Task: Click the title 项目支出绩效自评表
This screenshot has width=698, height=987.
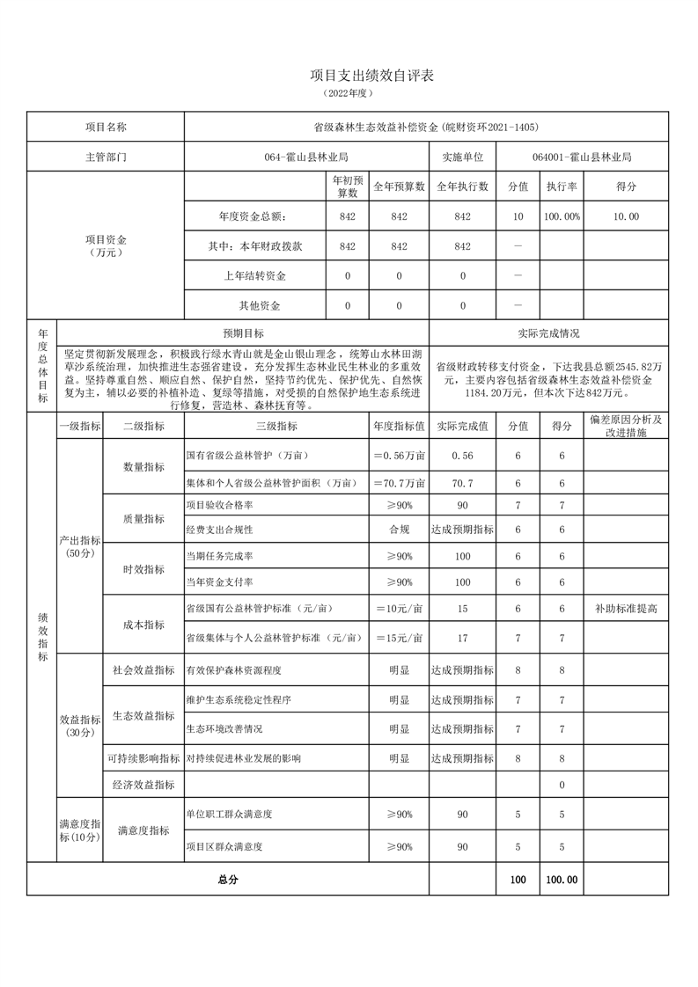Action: (349, 76)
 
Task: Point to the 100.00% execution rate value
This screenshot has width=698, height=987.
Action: (562, 216)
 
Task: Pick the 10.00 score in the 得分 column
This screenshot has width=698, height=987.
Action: (627, 216)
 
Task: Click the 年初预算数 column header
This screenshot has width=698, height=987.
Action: (347, 186)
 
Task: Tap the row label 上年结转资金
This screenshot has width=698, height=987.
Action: (255, 276)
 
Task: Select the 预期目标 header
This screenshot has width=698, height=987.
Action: (243, 334)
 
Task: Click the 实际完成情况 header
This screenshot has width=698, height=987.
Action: (549, 334)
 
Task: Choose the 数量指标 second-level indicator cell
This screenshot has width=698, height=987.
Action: (143, 467)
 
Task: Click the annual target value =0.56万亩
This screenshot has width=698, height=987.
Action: (399, 456)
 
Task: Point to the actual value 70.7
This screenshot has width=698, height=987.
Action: (462, 484)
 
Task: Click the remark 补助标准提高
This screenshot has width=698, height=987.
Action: (627, 609)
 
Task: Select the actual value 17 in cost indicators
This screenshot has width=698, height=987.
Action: (462, 638)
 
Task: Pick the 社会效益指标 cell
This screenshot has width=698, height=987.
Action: (143, 669)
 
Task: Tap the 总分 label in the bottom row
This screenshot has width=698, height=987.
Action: (227, 879)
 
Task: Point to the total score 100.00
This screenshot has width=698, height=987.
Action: (562, 879)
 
